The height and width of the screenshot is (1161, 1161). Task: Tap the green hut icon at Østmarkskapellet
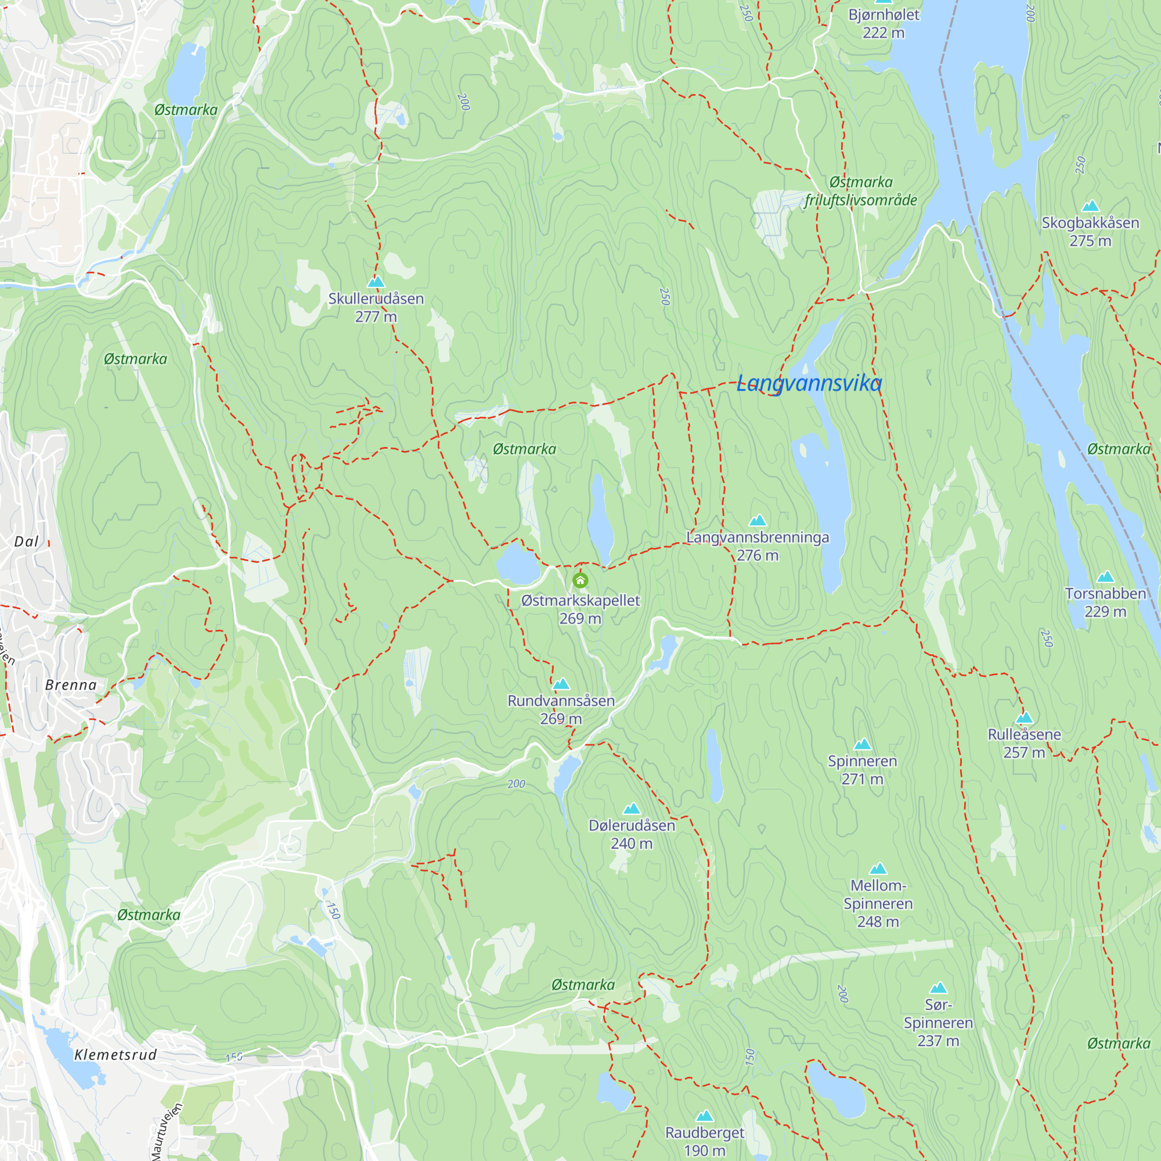(x=580, y=580)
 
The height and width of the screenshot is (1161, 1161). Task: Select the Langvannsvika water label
(x=809, y=383)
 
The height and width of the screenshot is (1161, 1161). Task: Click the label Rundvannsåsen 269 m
(x=561, y=709)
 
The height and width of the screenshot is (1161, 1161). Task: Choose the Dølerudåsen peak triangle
(x=632, y=808)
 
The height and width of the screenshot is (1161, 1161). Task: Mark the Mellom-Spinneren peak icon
(x=878, y=868)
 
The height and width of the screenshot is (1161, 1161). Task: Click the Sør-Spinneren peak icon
(x=938, y=988)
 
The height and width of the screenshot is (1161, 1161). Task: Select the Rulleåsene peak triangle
(x=1024, y=717)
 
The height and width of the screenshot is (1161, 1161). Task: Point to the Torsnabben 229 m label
(x=1105, y=602)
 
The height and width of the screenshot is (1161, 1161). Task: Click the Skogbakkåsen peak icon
(x=1090, y=206)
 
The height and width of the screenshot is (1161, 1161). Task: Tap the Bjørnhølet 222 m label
(x=884, y=23)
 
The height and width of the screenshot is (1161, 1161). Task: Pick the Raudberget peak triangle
(x=704, y=1116)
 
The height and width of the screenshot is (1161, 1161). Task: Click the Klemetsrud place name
(x=116, y=1055)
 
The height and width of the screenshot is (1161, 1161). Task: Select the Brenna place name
(x=71, y=685)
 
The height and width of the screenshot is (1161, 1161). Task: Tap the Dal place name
(x=27, y=542)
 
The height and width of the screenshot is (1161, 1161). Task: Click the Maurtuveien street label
(x=167, y=1131)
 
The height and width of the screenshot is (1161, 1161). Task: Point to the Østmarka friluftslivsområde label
(x=860, y=191)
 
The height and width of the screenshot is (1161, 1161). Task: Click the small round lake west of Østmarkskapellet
(x=518, y=565)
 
